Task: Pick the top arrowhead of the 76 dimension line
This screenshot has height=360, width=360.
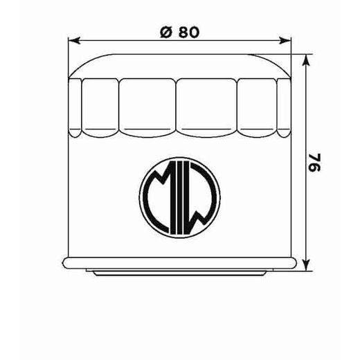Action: click(305, 55)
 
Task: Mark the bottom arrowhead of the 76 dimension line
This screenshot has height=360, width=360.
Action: click(305, 267)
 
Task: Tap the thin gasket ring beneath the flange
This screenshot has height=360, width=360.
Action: click(180, 271)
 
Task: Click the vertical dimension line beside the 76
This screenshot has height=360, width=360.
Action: click(305, 208)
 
